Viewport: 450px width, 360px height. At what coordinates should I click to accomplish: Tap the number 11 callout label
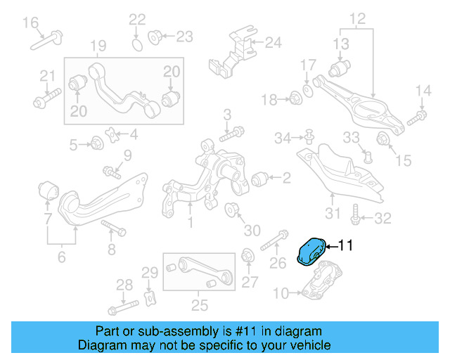pyautogui.click(x=345, y=246)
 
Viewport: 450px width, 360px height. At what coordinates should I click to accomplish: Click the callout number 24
pyautogui.click(x=272, y=43)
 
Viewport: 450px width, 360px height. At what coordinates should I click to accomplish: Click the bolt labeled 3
pyautogui.click(x=231, y=134)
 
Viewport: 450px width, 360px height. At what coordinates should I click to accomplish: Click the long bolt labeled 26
pyautogui.click(x=274, y=241)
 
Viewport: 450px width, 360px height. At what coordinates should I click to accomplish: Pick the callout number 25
pyautogui.click(x=200, y=305)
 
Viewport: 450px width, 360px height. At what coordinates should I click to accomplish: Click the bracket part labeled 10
pyautogui.click(x=321, y=283)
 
